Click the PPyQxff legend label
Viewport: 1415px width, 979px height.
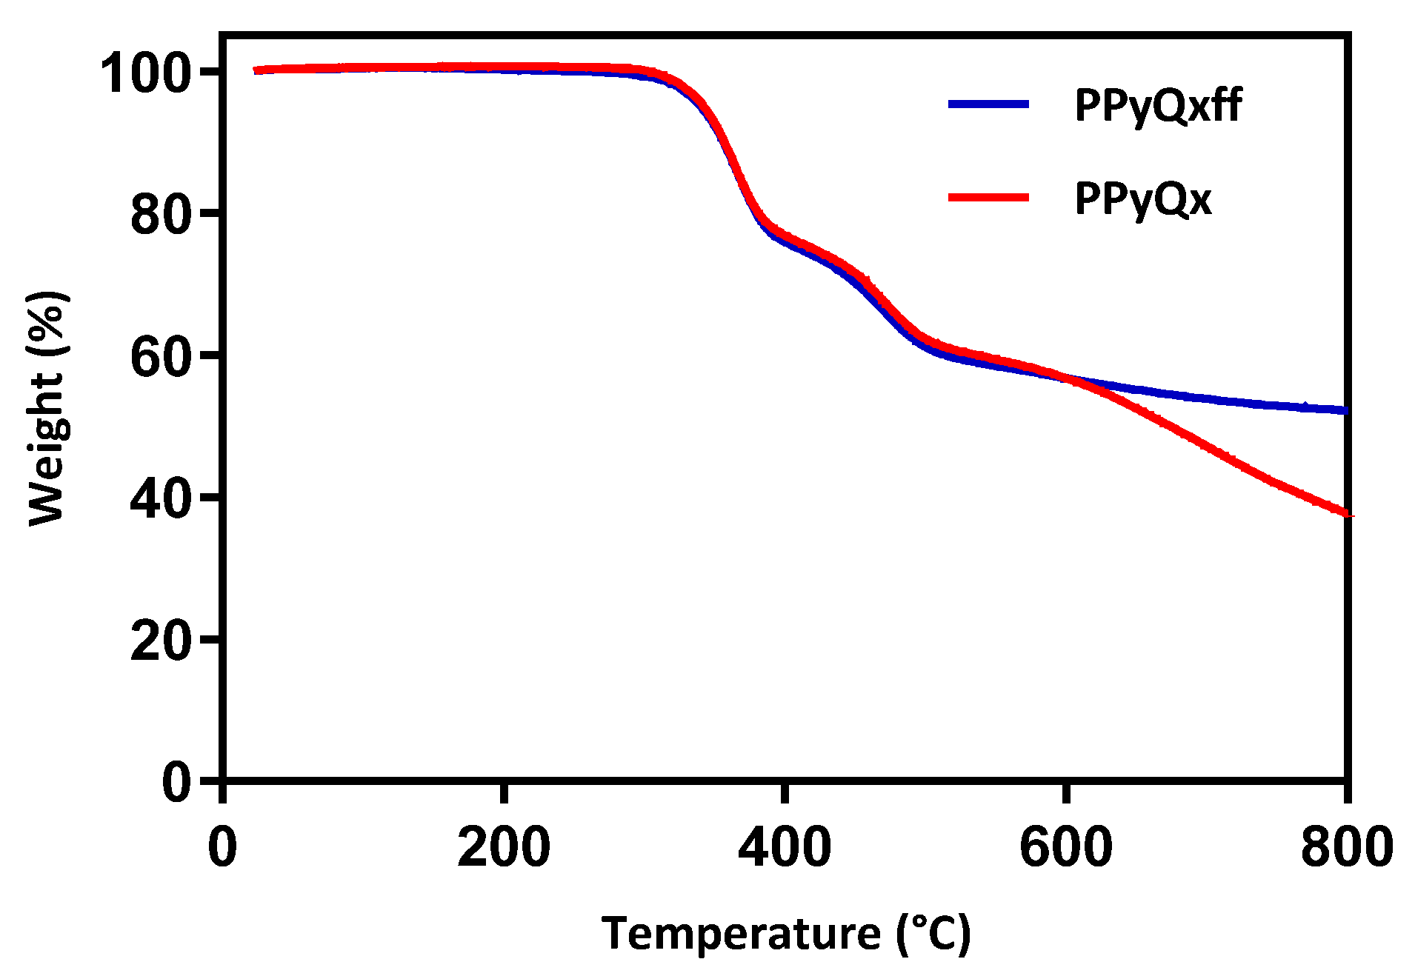tap(1158, 106)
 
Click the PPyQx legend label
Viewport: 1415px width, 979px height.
tap(1143, 198)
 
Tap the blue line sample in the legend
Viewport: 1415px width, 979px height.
tap(988, 104)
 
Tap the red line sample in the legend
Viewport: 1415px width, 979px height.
tap(988, 197)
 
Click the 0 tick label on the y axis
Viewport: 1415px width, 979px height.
tap(177, 782)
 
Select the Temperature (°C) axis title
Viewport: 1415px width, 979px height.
tap(785, 933)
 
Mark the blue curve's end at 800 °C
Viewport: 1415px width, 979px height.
tap(1344, 410)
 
